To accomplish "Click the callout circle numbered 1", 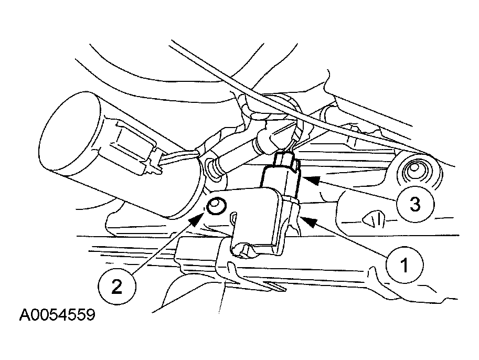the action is pos(405,264).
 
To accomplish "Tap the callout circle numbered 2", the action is pos(116,287).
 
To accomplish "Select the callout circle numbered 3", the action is pos(414,204).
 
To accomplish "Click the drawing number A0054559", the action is pos(57,315).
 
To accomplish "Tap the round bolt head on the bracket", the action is pos(216,206).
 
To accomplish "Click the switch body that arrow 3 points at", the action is pos(281,181).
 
